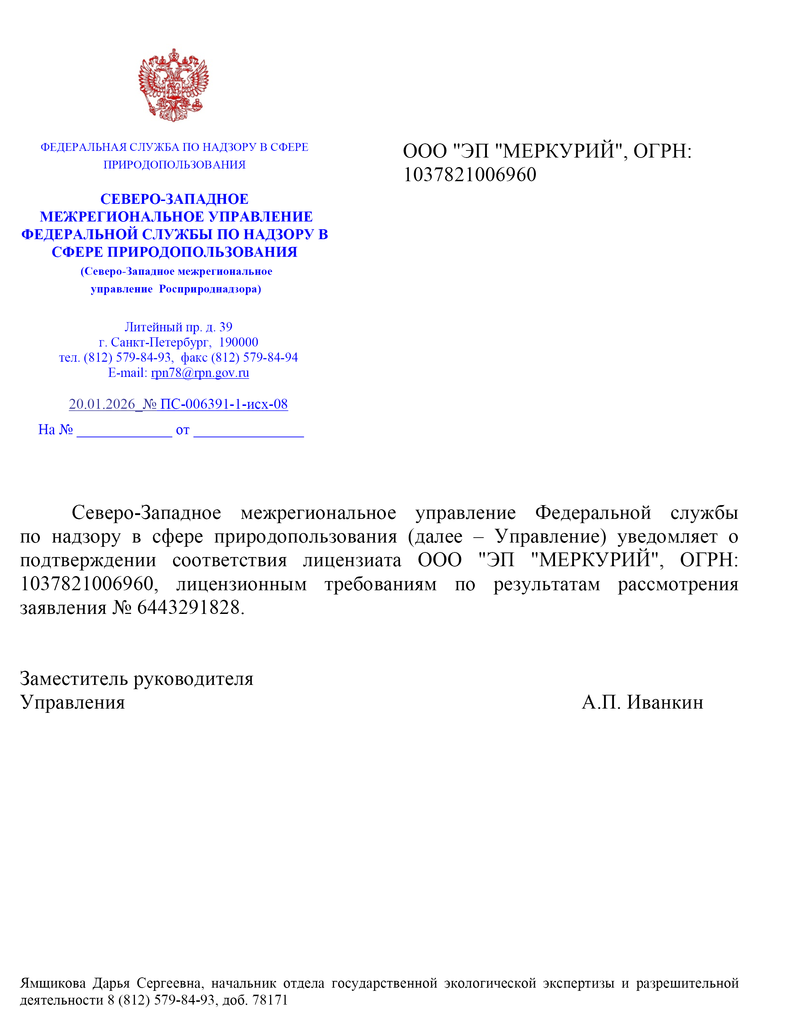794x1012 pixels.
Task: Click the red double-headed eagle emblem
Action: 173,85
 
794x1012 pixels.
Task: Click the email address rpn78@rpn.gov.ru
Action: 200,373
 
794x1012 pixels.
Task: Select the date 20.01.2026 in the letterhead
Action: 102,404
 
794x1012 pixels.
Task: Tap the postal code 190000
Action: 238,342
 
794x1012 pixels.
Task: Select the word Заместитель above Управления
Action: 73,679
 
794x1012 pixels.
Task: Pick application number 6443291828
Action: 189,608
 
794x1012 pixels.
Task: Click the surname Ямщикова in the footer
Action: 53,983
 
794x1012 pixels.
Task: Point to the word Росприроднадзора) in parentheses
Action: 210,289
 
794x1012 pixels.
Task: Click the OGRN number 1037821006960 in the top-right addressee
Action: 470,175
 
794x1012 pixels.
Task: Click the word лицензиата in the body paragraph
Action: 352,561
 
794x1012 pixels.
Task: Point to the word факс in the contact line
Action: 194,357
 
